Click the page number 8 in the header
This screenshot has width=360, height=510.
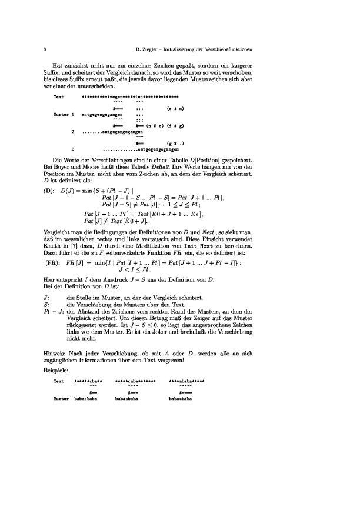(45, 48)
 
